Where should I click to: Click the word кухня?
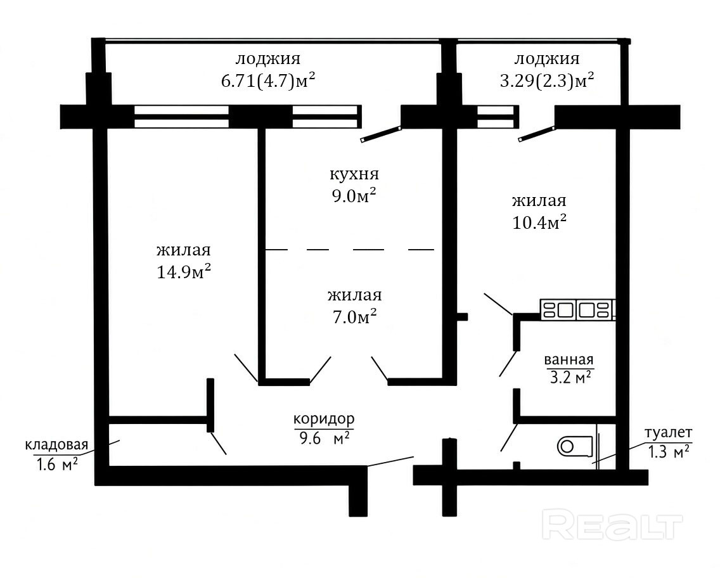point(354,174)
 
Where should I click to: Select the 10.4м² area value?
point(539,222)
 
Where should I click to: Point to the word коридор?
point(324,419)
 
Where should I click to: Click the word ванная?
point(569,360)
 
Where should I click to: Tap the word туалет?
point(668,433)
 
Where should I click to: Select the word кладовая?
point(56,445)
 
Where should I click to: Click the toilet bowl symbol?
point(575,446)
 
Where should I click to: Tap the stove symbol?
point(577,309)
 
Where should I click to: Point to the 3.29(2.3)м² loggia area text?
point(546,80)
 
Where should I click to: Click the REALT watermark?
point(612,526)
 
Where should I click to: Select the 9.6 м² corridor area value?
point(324,439)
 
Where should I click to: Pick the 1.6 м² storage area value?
point(56,465)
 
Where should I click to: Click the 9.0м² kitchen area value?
point(354,196)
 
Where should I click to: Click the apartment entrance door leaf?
point(390,461)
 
